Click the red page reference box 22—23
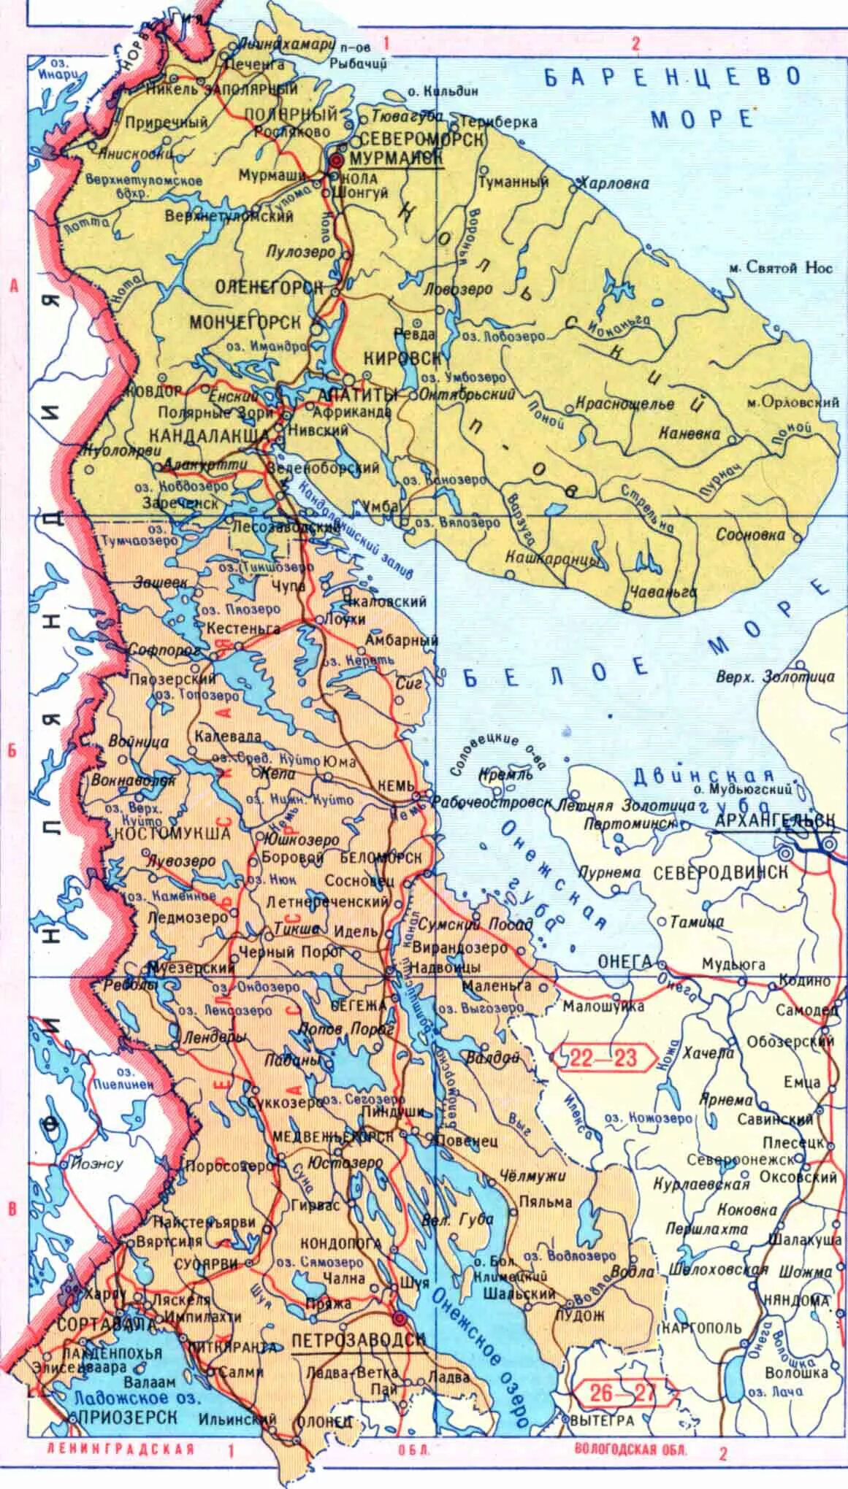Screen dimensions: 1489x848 [603, 1057]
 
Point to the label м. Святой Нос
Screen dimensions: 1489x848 [780, 268]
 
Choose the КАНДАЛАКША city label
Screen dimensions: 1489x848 [208, 434]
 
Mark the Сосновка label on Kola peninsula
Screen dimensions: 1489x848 [749, 534]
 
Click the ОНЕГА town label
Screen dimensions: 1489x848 [624, 961]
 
